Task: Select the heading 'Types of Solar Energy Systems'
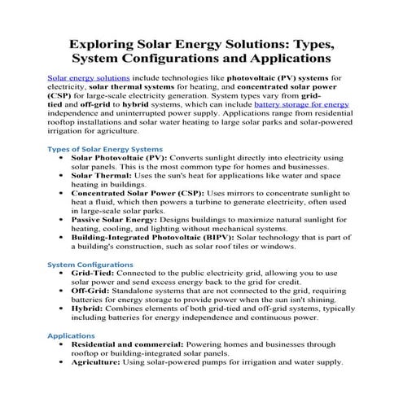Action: [x=105, y=149]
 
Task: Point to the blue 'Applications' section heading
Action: [x=71, y=335]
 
